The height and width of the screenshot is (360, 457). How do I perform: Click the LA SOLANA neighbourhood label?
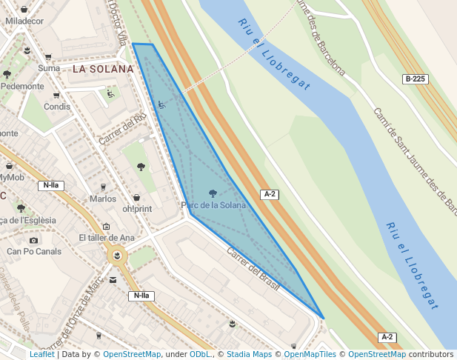coord(103,69)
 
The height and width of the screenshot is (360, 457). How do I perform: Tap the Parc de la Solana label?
coord(213,205)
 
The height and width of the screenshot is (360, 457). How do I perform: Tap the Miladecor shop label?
coord(24,21)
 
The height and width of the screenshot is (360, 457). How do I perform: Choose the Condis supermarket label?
coord(57,107)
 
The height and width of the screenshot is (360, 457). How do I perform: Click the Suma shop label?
coord(49,68)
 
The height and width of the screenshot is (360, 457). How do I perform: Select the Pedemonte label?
coord(22,86)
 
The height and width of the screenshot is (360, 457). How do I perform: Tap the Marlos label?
coord(103,199)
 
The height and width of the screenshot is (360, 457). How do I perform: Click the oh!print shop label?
coord(137,208)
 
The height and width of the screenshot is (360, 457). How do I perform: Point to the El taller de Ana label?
coord(107,238)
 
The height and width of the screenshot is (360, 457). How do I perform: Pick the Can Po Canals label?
coord(34,251)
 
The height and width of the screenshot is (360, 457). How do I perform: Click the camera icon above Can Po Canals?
coord(33,240)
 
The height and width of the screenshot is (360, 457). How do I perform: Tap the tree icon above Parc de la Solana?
coord(213,193)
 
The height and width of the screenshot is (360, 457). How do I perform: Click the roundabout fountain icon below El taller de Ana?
coord(116,256)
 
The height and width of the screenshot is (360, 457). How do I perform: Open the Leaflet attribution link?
coord(41,355)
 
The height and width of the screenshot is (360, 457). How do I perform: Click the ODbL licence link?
coord(200,355)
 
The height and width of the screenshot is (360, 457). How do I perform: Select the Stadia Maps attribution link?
coord(249,355)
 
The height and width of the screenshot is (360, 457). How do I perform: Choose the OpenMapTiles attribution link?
coord(310,355)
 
